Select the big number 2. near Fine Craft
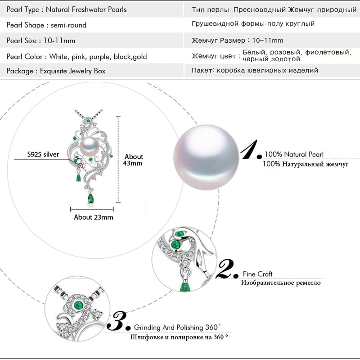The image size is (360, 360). [x=227, y=269]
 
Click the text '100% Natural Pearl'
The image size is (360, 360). [x=294, y=154]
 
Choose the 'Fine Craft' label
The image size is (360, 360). [x=258, y=274]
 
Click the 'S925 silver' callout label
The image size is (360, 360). [x=43, y=154]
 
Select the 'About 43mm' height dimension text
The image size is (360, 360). [x=134, y=160]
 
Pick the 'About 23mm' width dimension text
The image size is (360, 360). [x=94, y=217]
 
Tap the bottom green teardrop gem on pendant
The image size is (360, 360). [x=91, y=198]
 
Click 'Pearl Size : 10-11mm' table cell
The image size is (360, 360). [x=41, y=40]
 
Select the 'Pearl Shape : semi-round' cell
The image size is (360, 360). [x=46, y=25]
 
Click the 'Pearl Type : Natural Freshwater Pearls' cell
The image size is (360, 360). [x=67, y=9]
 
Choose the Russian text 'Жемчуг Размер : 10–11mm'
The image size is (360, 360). [x=238, y=41]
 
